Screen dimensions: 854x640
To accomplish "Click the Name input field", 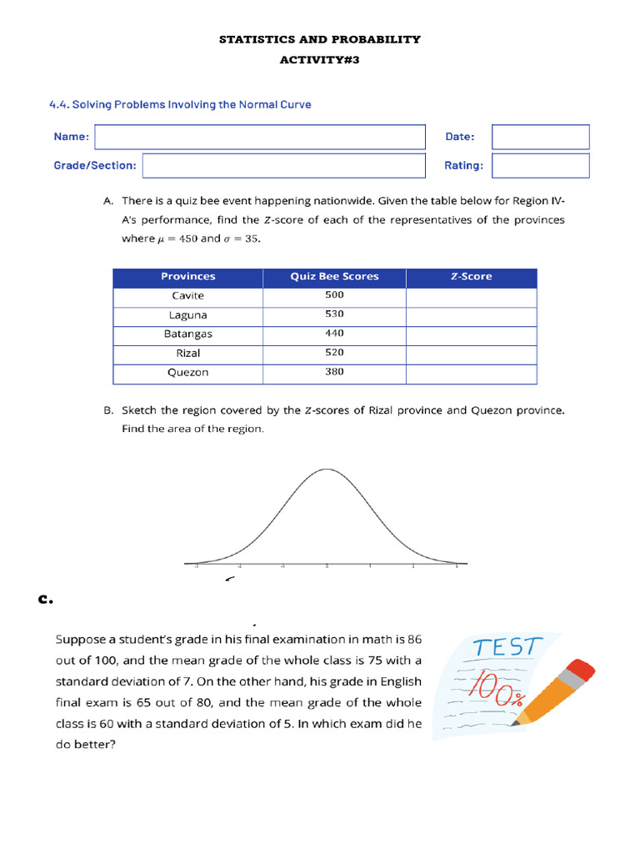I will (260, 137).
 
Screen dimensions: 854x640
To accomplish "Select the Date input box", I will (540, 137).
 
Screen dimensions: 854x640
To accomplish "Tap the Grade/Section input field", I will (283, 165).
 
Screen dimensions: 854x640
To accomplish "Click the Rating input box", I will (540, 165).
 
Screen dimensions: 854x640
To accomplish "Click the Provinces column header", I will (187, 277).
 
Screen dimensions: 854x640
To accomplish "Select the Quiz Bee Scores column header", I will (334, 277).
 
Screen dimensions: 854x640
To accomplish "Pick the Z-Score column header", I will (471, 277).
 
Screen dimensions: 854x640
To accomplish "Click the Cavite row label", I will (187, 296).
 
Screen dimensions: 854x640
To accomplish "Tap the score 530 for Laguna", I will (334, 314).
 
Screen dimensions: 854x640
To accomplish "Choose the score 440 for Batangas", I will (334, 334).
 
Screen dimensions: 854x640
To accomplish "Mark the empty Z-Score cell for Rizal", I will (471, 354).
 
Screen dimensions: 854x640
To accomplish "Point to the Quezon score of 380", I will (334, 373).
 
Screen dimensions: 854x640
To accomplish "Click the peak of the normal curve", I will (326, 470).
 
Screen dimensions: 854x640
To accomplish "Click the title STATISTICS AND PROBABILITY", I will (319, 39).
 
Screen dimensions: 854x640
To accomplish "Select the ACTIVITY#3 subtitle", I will (319, 60).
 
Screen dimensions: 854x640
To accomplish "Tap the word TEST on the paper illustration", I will (507, 648).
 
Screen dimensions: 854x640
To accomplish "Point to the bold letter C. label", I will (46, 598).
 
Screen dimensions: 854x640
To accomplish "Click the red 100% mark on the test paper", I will (497, 689).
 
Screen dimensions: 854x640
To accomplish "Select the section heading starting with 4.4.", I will (180, 105).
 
